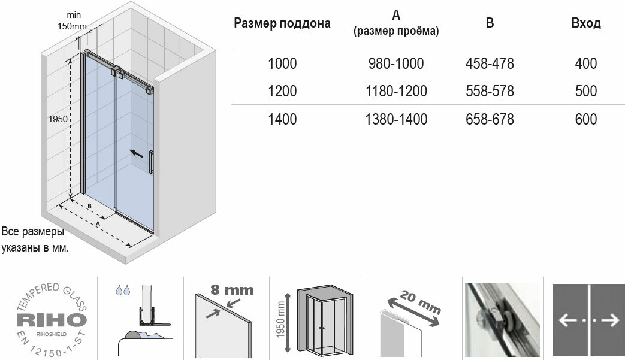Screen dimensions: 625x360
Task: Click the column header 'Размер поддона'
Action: pos(282,24)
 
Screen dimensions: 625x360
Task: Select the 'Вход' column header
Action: pos(586,24)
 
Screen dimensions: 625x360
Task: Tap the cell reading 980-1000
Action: pos(396,63)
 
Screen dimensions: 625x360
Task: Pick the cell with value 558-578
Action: pos(490,91)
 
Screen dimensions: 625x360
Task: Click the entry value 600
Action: pos(586,119)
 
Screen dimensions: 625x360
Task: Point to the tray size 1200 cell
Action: pos(282,91)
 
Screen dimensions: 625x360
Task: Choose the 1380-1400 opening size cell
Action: pos(396,119)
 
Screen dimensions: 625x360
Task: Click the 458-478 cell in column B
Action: pos(490,63)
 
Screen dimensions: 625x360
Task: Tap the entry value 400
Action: pos(586,63)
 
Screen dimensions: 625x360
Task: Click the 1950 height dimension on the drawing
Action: pos(58,119)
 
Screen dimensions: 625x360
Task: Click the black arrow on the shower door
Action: pos(137,154)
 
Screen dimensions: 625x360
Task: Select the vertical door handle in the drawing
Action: pos(151,162)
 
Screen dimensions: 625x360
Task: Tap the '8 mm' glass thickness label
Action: pos(232,290)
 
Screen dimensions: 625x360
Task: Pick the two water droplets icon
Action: pos(123,290)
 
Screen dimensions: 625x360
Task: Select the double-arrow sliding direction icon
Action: pos(588,320)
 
